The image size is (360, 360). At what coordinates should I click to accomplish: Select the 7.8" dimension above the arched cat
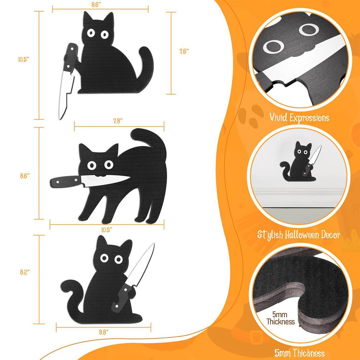click(118, 121)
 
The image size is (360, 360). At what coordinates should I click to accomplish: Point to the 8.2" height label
click(24, 271)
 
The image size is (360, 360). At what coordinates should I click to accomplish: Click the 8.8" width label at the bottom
click(103, 331)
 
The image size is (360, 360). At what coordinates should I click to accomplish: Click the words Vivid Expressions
click(300, 117)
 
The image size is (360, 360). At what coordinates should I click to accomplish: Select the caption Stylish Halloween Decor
click(300, 234)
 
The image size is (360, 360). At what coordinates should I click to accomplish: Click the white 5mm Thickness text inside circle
click(280, 318)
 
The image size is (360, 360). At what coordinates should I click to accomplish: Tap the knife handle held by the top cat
click(70, 56)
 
